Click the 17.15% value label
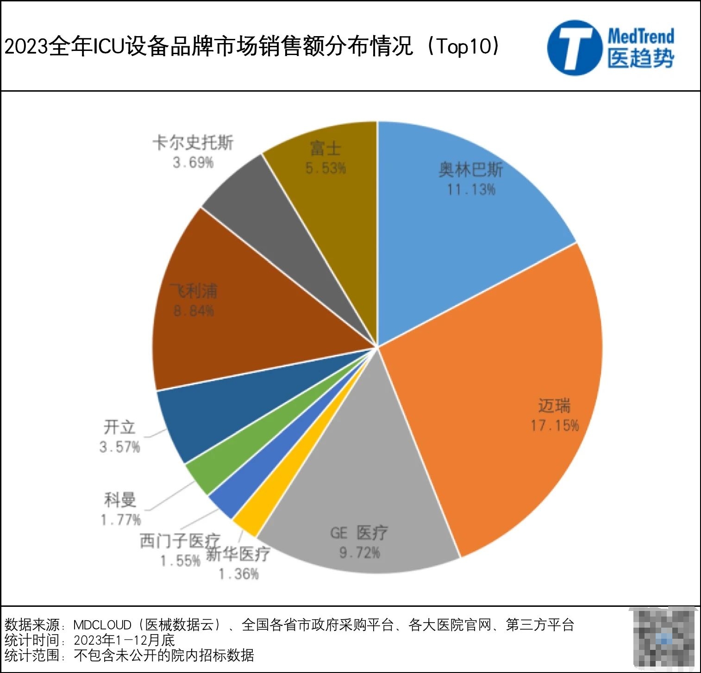click(554, 425)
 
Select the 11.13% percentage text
click(471, 189)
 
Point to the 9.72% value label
click(359, 553)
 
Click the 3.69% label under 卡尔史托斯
click(193, 162)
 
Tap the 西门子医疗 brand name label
click(180, 541)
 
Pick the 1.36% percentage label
click(238, 574)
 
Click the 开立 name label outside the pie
click(119, 427)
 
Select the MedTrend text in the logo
click(641, 36)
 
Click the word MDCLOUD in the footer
click(102, 625)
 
